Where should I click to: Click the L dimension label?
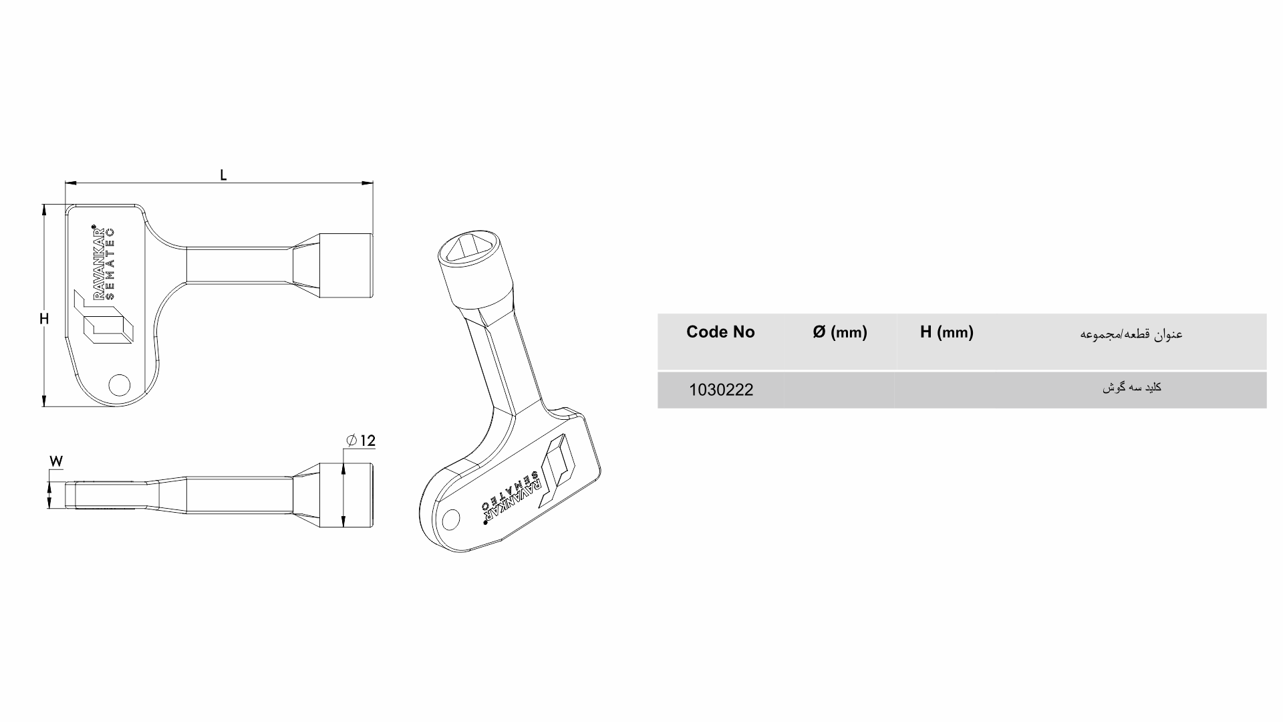click(x=224, y=175)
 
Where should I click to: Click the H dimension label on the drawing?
click(x=44, y=319)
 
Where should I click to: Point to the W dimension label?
click(x=56, y=461)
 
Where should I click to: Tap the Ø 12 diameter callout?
click(x=362, y=441)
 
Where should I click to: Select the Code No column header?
click(x=720, y=332)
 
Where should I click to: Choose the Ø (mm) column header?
click(x=840, y=332)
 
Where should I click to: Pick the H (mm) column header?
click(x=946, y=332)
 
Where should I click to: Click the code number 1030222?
click(x=721, y=390)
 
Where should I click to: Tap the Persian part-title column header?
click(x=1131, y=334)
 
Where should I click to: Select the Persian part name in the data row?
click(x=1131, y=388)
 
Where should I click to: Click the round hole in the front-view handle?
click(x=120, y=384)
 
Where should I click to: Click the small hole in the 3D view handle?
click(x=452, y=519)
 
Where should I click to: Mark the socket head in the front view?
click(x=345, y=265)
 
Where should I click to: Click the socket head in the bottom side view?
click(x=345, y=495)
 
